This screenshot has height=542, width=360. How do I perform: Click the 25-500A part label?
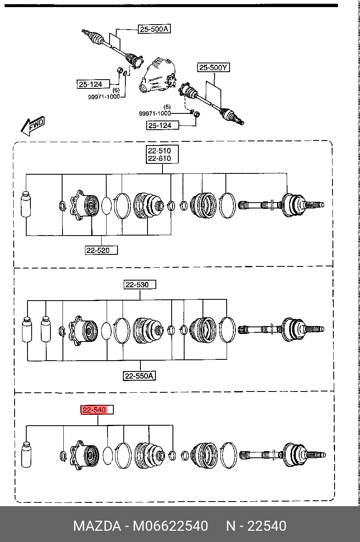154,29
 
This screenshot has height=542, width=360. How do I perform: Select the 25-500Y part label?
213,68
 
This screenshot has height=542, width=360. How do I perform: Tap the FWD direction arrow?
32,126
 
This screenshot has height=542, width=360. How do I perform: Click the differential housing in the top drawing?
158,75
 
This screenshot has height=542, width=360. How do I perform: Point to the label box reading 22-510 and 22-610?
162,154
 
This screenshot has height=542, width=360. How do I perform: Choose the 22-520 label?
101,250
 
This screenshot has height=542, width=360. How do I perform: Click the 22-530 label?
140,284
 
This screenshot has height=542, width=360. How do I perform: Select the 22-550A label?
139,376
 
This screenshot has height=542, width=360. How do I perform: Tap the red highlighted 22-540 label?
97,410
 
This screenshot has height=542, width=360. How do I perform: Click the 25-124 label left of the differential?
93,84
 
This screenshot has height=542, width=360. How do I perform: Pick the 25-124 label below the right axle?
162,125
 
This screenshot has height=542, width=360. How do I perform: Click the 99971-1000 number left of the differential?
104,97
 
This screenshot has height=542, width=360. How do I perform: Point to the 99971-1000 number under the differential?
155,113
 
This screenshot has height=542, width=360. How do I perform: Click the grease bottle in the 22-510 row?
26,204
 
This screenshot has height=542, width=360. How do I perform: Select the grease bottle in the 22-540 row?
26,454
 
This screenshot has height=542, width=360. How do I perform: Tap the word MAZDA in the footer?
97,526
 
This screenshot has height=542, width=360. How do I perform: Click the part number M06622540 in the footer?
170,526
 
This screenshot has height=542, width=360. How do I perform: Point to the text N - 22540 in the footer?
256,526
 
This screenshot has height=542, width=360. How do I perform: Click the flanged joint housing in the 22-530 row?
83,331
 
